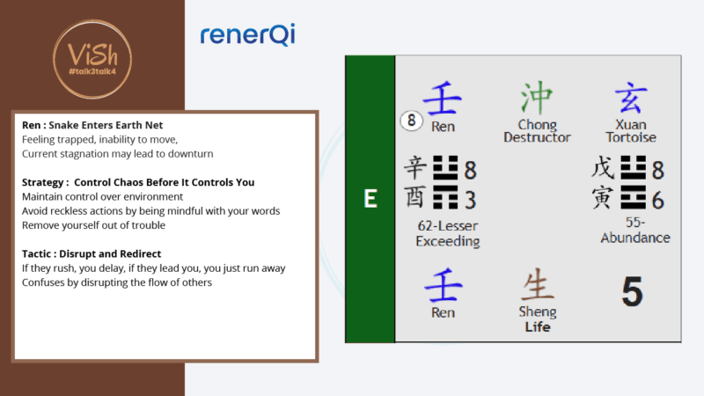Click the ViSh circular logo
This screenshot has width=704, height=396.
[x=92, y=55]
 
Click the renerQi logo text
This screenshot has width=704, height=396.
[x=247, y=35]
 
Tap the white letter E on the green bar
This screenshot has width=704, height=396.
[x=370, y=199]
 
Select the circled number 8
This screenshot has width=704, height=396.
[x=410, y=121]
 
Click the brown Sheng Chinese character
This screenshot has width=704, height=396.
[x=537, y=286]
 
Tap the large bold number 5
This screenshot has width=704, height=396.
[x=632, y=291]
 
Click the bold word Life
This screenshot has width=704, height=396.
[x=537, y=326]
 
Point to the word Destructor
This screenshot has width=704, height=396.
[x=537, y=137]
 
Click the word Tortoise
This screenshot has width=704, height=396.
[x=630, y=137]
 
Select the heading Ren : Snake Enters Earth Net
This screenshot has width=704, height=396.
[x=92, y=125]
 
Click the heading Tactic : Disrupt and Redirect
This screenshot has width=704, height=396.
[x=91, y=253]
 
